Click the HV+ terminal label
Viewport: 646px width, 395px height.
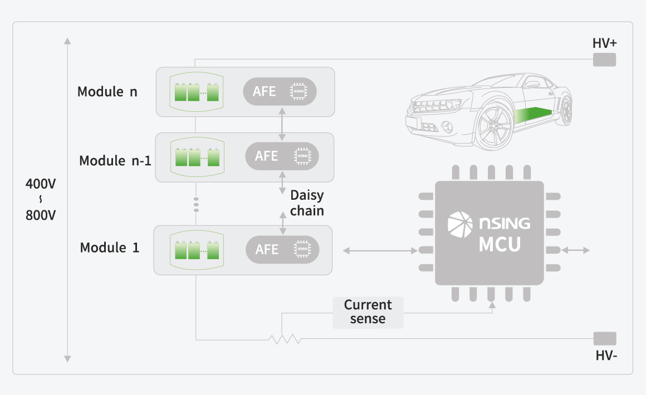605,43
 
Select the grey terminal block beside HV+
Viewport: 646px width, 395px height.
604,60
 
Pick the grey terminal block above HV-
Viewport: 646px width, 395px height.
605,338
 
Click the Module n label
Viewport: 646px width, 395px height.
107,92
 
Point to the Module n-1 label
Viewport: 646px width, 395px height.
115,161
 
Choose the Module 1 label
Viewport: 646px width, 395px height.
110,248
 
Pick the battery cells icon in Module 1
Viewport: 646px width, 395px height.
197,250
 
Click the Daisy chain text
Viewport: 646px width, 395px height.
307,204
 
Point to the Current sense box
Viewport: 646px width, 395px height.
368,312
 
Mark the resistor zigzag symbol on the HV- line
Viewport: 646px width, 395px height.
285,338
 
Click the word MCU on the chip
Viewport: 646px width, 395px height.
500,245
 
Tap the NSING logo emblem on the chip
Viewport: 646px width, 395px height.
459,223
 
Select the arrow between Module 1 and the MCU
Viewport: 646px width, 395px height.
380,251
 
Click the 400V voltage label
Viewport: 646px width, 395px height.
41,184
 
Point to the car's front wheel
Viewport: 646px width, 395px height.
492,129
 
